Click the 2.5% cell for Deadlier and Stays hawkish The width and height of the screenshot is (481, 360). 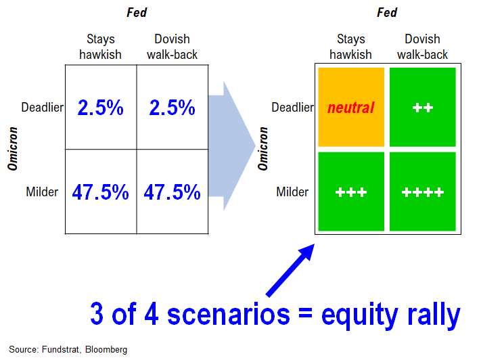click(101, 107)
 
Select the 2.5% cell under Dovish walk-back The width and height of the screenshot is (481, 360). click(173, 107)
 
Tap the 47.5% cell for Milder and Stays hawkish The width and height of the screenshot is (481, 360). click(101, 192)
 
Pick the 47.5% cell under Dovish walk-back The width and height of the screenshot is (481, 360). click(173, 192)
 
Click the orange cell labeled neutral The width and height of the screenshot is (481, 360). click(351, 107)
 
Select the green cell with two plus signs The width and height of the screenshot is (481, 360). click(423, 107)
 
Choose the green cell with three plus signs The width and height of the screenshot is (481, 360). click(351, 192)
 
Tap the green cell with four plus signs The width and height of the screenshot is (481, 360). click(423, 192)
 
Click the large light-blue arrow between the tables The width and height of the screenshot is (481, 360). click(231, 145)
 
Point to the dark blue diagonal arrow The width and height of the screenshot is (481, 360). click(290, 271)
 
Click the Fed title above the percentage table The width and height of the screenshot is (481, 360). click(137, 13)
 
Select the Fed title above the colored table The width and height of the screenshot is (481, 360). click(387, 13)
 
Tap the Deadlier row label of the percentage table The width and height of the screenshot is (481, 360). click(43, 108)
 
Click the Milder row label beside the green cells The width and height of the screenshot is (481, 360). click(292, 192)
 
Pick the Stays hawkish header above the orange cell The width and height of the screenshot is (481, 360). click(350, 47)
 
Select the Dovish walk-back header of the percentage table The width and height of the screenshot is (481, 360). click(172, 47)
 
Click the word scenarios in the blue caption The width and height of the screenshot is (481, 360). click(229, 314)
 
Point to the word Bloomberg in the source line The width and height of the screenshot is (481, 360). click(106, 349)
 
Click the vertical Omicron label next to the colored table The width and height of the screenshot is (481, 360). click(263, 149)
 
